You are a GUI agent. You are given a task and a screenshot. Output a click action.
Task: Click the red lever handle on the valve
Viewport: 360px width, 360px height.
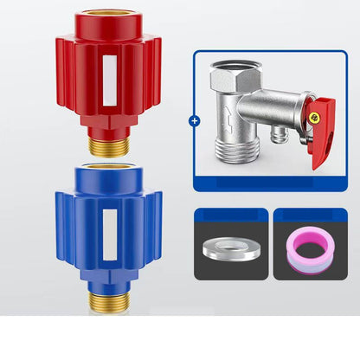(x=320, y=138)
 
